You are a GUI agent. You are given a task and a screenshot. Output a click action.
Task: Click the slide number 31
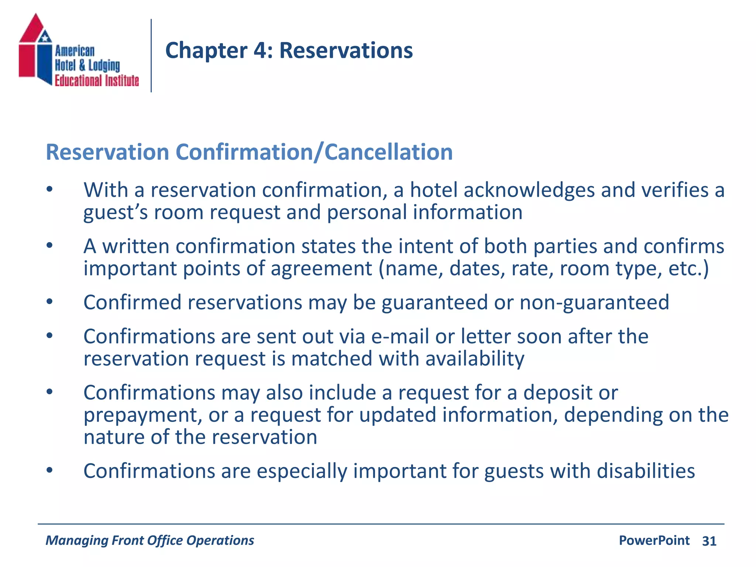coord(709,541)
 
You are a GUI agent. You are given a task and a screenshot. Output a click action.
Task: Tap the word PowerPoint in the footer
coord(654,540)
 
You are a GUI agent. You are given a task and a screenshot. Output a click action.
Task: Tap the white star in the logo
coord(45,37)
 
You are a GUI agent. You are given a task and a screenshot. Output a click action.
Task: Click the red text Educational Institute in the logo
coord(97,80)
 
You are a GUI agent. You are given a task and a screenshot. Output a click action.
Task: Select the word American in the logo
coord(75,51)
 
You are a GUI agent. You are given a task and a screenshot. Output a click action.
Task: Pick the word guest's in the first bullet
coord(116,213)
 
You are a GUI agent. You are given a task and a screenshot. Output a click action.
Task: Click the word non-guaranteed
coord(594,303)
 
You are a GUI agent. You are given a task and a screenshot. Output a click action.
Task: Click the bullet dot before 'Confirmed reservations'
coord(50,302)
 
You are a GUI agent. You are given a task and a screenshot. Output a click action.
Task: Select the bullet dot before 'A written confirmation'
coord(50,246)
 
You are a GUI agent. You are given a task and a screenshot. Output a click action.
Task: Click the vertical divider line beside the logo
coord(151,55)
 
